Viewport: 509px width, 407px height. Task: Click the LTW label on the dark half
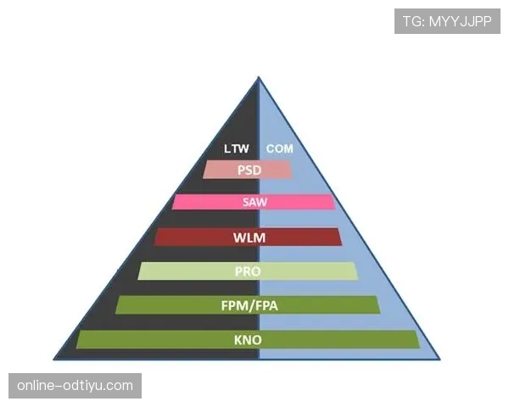point(237,148)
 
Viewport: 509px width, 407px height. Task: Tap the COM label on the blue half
point(279,148)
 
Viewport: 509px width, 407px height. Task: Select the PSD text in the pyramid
point(249,170)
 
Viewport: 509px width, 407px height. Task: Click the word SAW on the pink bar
point(255,202)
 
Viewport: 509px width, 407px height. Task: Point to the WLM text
point(249,237)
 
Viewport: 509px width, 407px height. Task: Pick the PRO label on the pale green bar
point(248,271)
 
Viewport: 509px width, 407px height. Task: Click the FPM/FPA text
point(249,306)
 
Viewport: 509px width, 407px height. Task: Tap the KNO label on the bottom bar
point(248,340)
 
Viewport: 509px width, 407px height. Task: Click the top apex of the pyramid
point(259,77)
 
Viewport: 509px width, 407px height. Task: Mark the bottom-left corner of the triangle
point(54,360)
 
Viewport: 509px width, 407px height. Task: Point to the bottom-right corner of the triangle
point(439,360)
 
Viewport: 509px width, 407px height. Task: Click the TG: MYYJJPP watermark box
point(447,21)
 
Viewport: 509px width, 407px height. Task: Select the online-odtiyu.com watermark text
point(75,386)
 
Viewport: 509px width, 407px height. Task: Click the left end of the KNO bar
point(77,339)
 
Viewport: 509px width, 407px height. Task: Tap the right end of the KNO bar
point(418,339)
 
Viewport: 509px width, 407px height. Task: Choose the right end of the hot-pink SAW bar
point(333,202)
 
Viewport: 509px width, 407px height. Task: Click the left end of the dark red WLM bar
point(155,237)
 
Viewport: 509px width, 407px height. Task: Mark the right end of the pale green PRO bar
point(356,271)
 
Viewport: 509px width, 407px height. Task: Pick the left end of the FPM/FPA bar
point(117,305)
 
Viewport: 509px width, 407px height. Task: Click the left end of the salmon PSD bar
point(204,170)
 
